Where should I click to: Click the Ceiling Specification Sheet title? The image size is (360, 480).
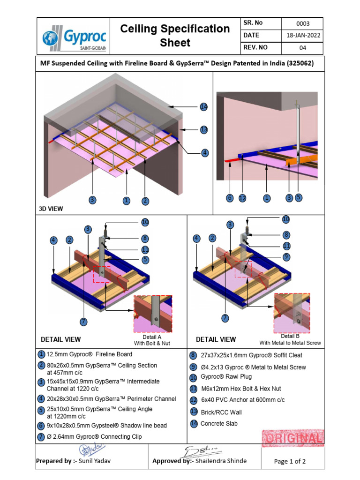[x=175, y=36]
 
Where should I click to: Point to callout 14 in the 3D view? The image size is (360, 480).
[x=203, y=107]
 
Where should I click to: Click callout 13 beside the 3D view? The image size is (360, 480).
[x=203, y=129]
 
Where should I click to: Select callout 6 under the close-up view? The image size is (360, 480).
[x=230, y=198]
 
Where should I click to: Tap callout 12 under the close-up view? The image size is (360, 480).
[x=242, y=198]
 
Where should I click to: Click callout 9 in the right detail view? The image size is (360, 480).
[x=286, y=256]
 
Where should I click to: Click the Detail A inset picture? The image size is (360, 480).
[x=153, y=314]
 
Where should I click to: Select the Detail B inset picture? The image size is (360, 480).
[x=293, y=313]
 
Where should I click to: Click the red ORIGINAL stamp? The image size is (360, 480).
[x=292, y=439]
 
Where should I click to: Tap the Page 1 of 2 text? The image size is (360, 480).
[x=290, y=461]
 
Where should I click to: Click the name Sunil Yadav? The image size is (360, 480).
[x=96, y=461]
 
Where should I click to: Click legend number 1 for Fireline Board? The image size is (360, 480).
[x=42, y=354]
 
